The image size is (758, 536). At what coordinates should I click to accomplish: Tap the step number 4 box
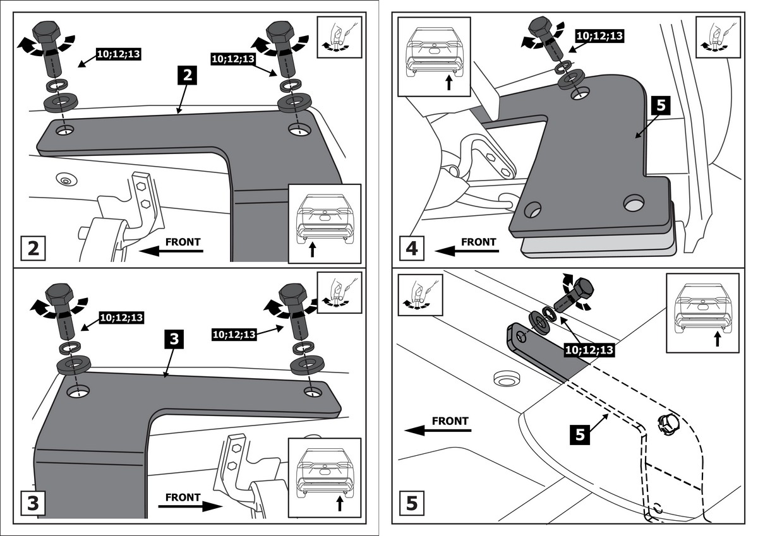coord(411,247)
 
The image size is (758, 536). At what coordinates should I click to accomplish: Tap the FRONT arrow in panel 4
coord(468,251)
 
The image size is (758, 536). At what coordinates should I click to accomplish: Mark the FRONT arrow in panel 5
coord(440,429)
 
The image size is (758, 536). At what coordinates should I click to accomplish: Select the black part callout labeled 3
coord(175,340)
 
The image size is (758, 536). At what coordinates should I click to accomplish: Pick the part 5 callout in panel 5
coord(582,434)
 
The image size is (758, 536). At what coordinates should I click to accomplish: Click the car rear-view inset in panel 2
coord(323,223)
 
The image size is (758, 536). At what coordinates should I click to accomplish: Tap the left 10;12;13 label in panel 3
coord(121,318)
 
